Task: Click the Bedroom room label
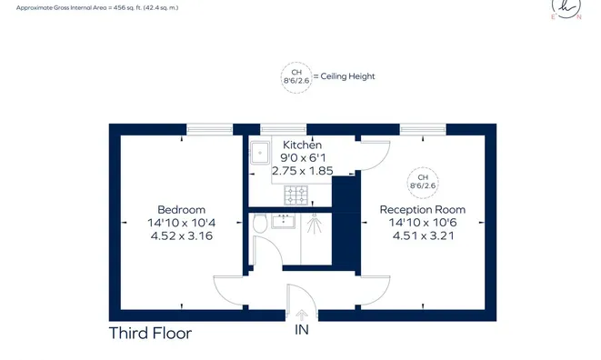point(181,210)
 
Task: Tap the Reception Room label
point(423,210)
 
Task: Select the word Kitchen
point(302,145)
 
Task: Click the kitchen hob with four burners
point(295,195)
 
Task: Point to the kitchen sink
point(260,153)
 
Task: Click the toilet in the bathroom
point(260,223)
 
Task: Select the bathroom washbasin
point(284,221)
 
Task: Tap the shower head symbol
point(315,224)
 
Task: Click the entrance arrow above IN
point(302,315)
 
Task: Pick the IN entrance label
point(302,330)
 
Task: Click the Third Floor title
point(150,333)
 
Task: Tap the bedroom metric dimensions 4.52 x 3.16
point(182,235)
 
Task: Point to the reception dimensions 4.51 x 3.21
point(423,235)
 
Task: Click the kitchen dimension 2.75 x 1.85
point(303,171)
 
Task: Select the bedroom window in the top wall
point(210,129)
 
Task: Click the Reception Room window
point(423,129)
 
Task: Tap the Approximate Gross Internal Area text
point(97,7)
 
